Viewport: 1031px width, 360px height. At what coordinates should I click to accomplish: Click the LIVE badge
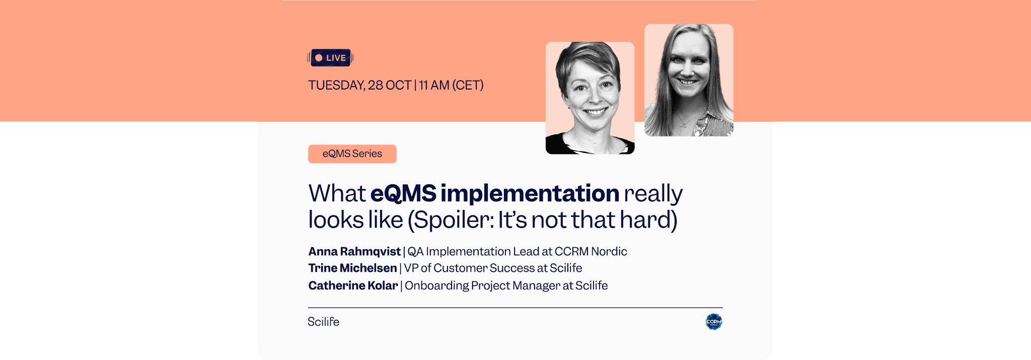pyautogui.click(x=330, y=58)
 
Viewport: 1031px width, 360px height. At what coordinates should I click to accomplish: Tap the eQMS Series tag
pyautogui.click(x=352, y=154)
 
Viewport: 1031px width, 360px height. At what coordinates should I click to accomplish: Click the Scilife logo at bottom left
pyautogui.click(x=323, y=322)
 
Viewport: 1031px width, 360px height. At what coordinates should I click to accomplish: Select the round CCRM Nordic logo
pyautogui.click(x=713, y=322)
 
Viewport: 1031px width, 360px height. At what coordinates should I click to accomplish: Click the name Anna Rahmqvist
pyautogui.click(x=354, y=251)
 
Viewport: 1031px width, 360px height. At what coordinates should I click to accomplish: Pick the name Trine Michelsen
pyautogui.click(x=352, y=268)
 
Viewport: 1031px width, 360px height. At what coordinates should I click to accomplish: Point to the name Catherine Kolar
pyautogui.click(x=353, y=285)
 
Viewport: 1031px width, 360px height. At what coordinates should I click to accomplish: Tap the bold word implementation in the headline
pyautogui.click(x=530, y=193)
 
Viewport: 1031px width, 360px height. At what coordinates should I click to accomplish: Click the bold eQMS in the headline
pyautogui.click(x=403, y=193)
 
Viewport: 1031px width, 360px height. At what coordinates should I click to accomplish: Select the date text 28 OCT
pyautogui.click(x=390, y=86)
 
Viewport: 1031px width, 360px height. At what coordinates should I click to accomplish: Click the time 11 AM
pyautogui.click(x=433, y=86)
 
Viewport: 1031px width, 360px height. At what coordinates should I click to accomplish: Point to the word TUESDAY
pyautogui.click(x=336, y=86)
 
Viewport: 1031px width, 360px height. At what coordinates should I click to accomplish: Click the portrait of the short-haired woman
pyautogui.click(x=590, y=98)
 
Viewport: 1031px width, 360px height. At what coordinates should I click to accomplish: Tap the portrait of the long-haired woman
pyautogui.click(x=689, y=80)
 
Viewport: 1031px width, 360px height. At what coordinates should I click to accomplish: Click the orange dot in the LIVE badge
pyautogui.click(x=319, y=58)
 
